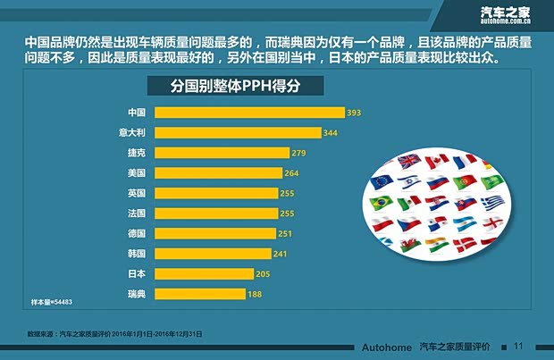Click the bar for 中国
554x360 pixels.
click(249, 113)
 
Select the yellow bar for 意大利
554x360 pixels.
click(238, 133)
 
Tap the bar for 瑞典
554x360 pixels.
click(206, 294)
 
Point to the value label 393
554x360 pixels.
click(354, 113)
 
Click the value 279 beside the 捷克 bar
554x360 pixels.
click(299, 153)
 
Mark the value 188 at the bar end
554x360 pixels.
click(254, 294)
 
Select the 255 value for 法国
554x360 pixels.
click(287, 213)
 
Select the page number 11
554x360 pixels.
click(517, 347)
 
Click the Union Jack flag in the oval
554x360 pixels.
click(408, 162)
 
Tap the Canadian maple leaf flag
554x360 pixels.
click(436, 162)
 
